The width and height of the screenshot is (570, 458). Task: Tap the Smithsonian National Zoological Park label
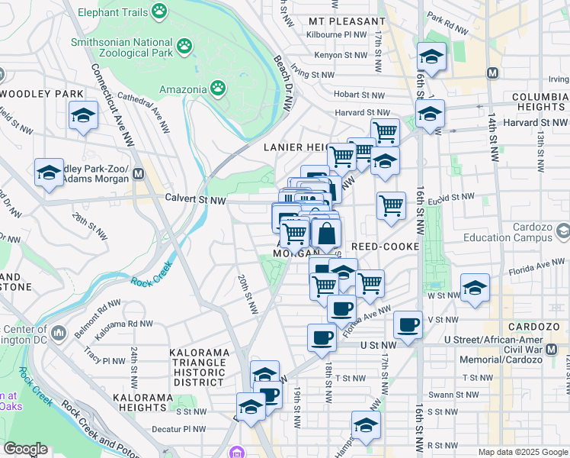120,47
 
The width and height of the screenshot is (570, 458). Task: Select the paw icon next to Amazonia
218,88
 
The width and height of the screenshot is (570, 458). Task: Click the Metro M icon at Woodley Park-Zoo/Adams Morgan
139,173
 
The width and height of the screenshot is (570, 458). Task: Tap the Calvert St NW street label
196,199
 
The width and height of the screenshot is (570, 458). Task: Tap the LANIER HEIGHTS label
296,147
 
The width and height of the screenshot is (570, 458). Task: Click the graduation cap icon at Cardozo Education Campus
562,231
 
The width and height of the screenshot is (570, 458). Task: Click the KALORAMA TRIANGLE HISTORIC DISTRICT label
198,367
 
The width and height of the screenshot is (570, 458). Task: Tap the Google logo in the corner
25,449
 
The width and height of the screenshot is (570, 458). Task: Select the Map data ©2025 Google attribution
522,452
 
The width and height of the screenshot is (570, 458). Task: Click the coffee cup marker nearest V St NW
408,324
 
